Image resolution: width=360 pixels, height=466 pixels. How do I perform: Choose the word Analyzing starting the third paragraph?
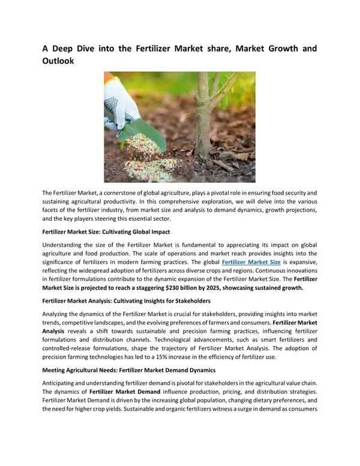(x=58, y=315)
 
